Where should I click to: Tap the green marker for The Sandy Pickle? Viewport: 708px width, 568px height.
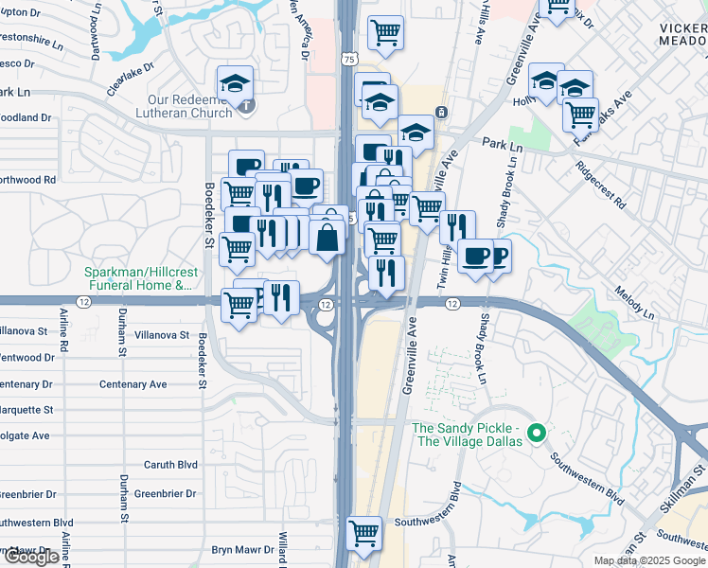pos(538,435)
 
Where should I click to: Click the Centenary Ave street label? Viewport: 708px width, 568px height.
pos(133,384)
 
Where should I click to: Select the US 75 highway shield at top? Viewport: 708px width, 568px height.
pos(350,59)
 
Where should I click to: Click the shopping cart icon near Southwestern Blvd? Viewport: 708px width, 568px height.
pos(364,533)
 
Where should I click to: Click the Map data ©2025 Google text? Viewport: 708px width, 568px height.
pos(648,560)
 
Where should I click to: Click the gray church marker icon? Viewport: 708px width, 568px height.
pos(246,105)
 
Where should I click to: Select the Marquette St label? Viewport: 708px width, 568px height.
pos(26,410)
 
